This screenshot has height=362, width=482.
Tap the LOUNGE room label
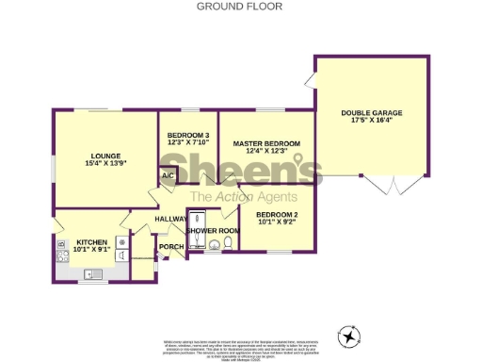point(104,156)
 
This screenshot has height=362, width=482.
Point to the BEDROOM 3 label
point(188,136)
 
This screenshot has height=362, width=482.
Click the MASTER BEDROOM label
point(265,142)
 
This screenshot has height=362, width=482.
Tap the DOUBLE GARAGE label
point(371,113)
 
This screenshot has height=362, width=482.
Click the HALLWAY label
point(171,220)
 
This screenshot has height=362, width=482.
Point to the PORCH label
point(171,248)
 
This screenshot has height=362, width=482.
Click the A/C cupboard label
point(169,175)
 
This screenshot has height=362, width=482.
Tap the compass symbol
point(350,336)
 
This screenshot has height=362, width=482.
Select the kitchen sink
point(92,274)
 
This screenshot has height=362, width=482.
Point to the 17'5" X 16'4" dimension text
point(371,121)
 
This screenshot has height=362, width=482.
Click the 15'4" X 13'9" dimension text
point(104,164)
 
